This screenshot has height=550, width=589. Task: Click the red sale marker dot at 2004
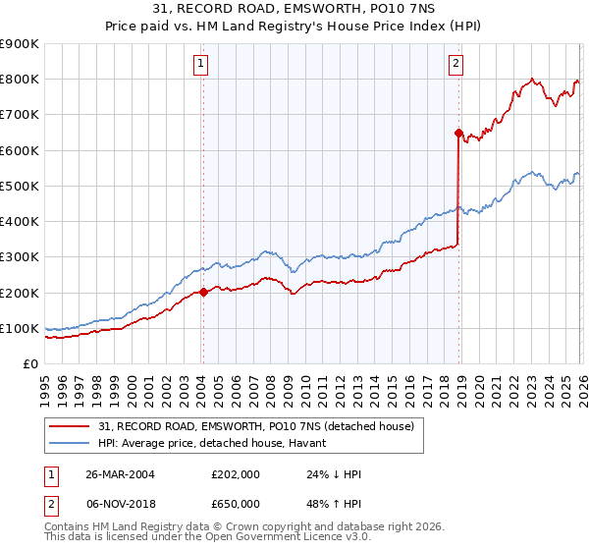[x=203, y=292]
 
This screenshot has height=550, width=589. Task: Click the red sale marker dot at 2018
[x=458, y=132]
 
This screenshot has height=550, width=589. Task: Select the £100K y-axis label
[x=20, y=328]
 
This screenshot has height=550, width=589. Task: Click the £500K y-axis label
[x=20, y=186]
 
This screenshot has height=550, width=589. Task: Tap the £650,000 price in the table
[x=236, y=503]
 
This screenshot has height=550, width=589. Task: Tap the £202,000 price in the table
[x=236, y=474]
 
